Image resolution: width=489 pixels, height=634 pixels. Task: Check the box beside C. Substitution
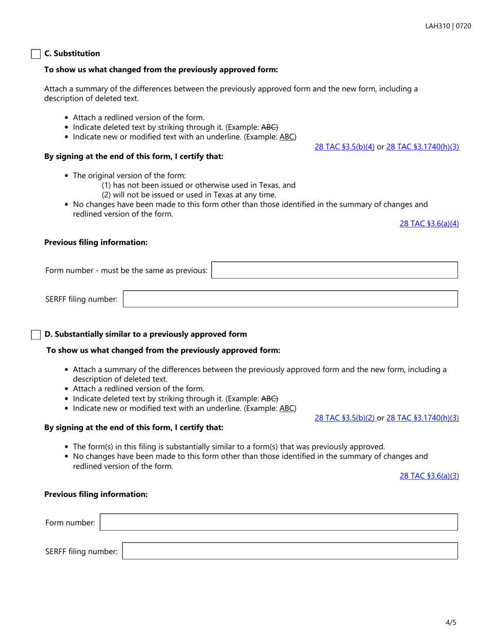point(36,54)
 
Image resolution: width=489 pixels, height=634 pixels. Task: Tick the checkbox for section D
point(36,335)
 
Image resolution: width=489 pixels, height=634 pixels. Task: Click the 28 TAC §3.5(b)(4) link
point(344,147)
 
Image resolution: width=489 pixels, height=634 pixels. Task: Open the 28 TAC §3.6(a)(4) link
point(429,224)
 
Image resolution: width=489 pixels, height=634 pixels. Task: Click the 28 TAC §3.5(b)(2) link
point(344,418)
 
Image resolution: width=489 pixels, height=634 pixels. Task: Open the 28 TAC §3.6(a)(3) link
point(429,476)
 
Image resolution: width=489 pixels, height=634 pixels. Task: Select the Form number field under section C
point(335,270)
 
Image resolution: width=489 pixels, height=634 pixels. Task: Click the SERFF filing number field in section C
point(290,299)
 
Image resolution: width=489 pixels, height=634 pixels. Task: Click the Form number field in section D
point(278,522)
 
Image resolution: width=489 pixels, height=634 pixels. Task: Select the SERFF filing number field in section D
point(290,551)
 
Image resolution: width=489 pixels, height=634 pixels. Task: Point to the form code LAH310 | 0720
point(448,26)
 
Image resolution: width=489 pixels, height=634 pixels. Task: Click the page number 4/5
point(451,622)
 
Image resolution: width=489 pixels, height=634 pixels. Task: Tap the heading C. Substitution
point(72,54)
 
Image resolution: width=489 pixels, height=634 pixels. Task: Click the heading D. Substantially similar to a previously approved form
point(146,334)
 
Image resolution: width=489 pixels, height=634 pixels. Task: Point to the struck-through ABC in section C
point(270,127)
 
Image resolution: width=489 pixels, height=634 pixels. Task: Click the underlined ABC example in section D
point(287,408)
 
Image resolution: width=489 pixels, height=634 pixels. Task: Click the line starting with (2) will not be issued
point(189,194)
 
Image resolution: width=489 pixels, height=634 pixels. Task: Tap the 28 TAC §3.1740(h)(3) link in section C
point(422,147)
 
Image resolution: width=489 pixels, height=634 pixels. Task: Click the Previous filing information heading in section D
point(96,494)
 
